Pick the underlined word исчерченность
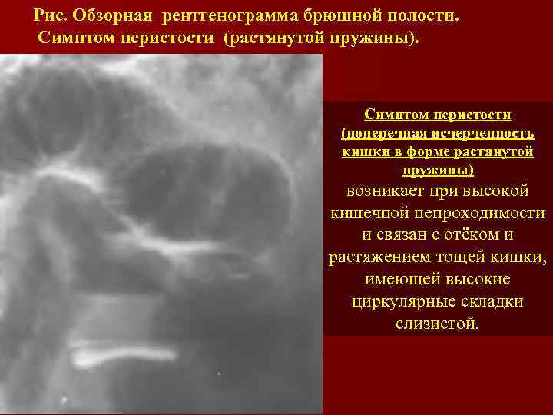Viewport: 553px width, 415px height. point(482,134)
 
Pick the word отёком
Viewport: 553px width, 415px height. point(483,235)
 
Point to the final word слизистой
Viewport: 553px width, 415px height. point(437,323)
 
